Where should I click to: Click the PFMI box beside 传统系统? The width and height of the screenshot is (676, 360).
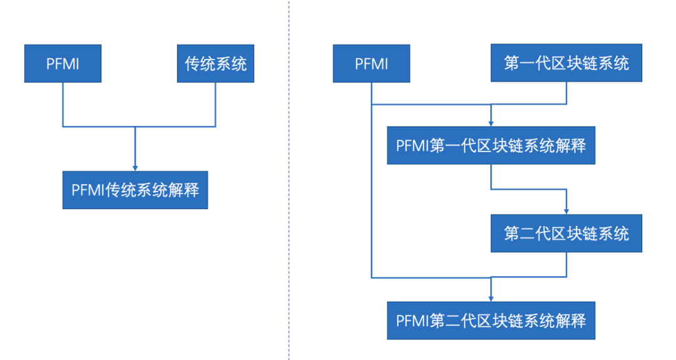coord(63,63)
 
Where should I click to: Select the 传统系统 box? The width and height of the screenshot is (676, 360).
coord(215,63)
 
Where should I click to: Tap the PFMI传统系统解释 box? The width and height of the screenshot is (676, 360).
coord(135,190)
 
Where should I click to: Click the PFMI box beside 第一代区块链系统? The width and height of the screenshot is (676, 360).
coord(371,63)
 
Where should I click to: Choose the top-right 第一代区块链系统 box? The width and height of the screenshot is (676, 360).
coord(566,63)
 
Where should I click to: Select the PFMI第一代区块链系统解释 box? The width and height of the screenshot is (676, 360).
coord(491,146)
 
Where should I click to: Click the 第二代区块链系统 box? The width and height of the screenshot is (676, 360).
coord(566,234)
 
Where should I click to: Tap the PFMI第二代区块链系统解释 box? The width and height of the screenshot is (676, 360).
coord(491,321)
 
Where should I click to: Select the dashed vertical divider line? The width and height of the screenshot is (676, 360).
coord(289,188)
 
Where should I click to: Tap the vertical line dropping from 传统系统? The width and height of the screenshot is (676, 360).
coord(215,105)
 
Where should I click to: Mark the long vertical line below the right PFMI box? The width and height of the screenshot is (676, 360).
coord(371,188)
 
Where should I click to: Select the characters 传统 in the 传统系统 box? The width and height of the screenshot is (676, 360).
coord(200,63)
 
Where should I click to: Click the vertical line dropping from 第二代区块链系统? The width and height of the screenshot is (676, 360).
coord(566,264)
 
